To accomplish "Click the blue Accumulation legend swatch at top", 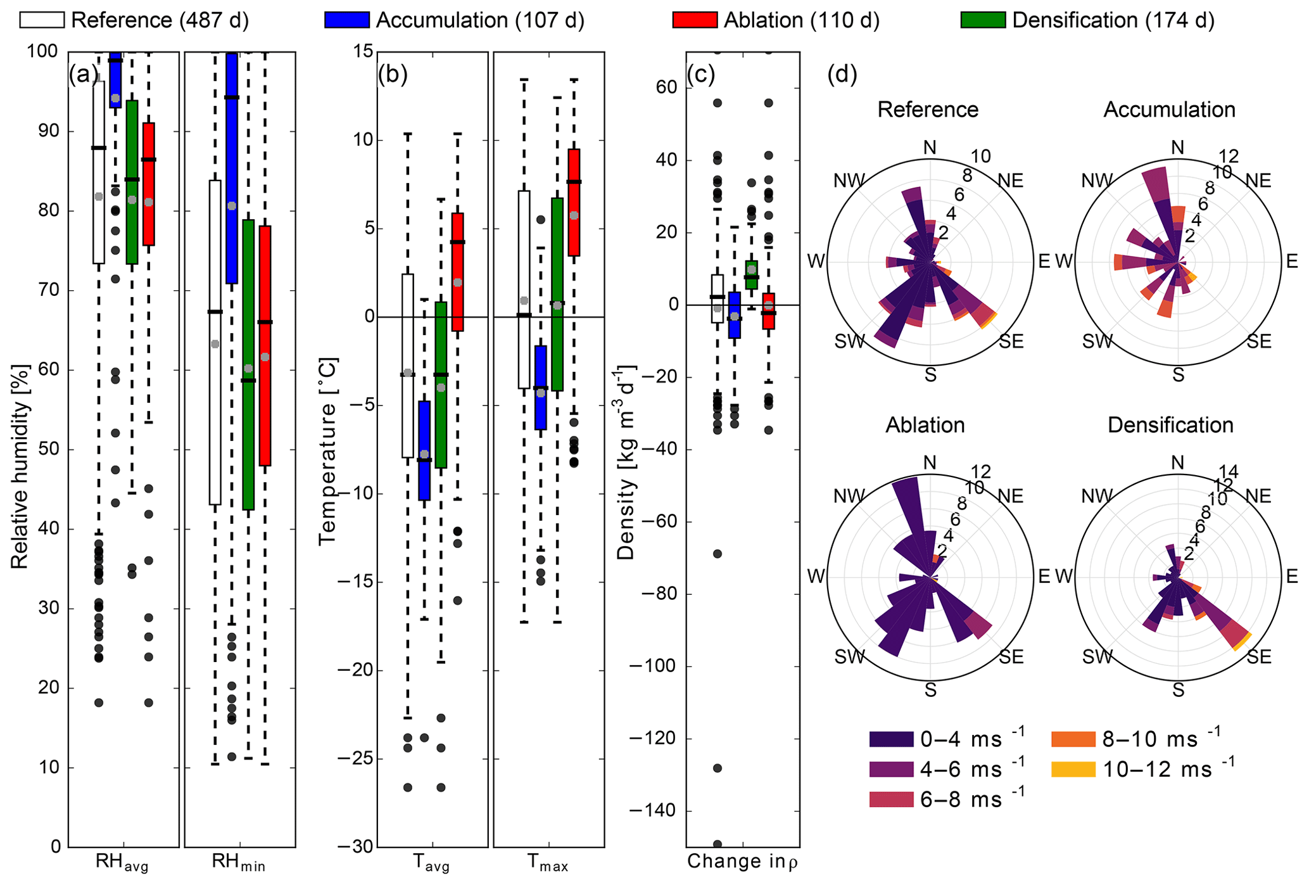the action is tap(346, 20).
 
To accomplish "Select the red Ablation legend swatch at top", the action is tap(695, 20).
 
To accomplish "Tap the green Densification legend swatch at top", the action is tap(983, 20).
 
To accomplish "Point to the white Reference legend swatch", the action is tap(42, 20).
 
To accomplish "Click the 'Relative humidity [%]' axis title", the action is tap(20, 467).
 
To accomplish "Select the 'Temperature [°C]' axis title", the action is tap(328, 452).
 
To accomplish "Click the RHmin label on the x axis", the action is tap(238, 863).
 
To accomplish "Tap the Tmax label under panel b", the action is tap(548, 863).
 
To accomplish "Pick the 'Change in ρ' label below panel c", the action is tap(742, 862).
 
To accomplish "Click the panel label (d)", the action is tap(842, 75).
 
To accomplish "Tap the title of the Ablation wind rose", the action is tap(925, 424).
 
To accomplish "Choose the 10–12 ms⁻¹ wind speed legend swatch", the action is tap(1073, 770).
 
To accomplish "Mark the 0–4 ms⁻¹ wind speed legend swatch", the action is tap(891, 739).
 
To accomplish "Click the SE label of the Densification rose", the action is tap(1259, 657).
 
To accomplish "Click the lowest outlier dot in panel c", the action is tap(718, 844).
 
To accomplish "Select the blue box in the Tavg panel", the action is tap(424, 450).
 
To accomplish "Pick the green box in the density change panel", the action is tap(751, 275).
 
